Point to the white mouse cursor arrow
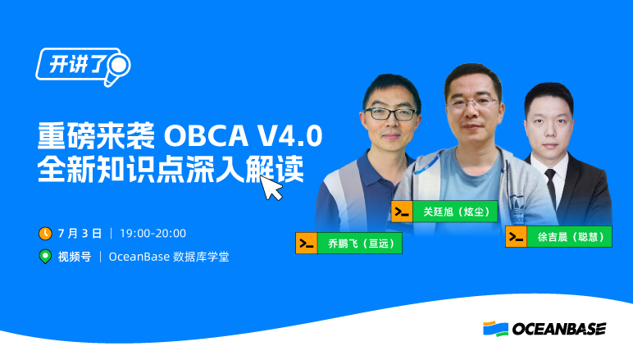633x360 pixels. (271, 187)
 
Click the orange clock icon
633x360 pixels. (46, 234)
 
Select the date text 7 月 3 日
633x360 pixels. (81, 234)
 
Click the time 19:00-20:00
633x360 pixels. (153, 234)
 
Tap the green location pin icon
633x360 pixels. (46, 257)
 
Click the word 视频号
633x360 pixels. (74, 257)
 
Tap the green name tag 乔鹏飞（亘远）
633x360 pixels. (359, 244)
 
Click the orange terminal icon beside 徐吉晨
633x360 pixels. (516, 237)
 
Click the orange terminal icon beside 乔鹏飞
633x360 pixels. (307, 244)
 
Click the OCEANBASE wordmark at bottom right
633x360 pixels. (558, 329)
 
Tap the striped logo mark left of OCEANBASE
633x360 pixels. (495, 329)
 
